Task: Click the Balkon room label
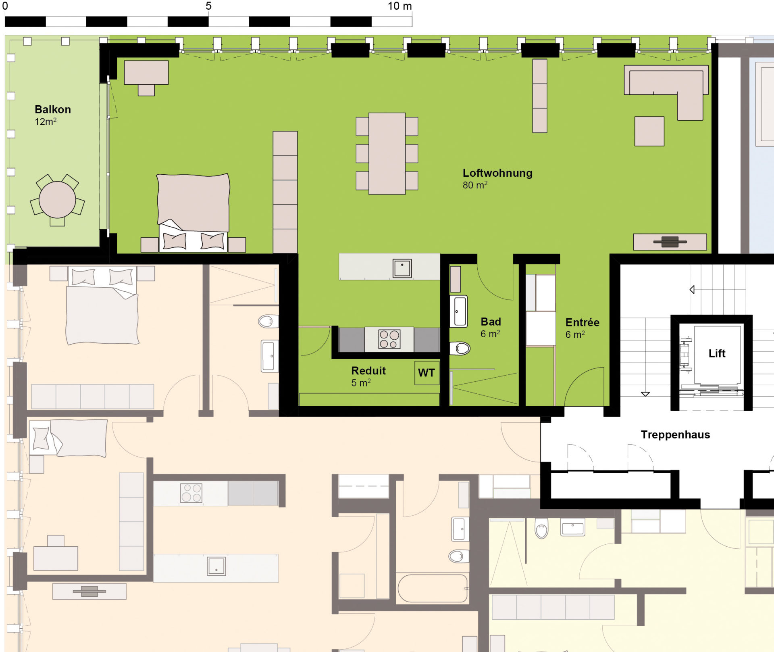[53, 110]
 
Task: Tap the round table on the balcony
[57, 200]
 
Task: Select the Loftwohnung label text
[497, 173]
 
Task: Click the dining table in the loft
[387, 153]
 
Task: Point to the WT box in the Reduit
[427, 373]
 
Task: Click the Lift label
[717, 353]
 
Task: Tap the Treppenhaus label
[675, 435]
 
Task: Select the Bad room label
[491, 322]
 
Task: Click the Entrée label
[582, 322]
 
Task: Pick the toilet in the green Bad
[460, 348]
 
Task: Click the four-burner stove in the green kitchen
[389, 339]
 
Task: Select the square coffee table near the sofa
[649, 131]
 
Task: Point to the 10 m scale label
[399, 6]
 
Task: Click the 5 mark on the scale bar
[208, 6]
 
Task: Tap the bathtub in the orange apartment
[433, 588]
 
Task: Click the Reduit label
[368, 371]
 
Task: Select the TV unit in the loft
[670, 242]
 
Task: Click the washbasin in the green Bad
[459, 311]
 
